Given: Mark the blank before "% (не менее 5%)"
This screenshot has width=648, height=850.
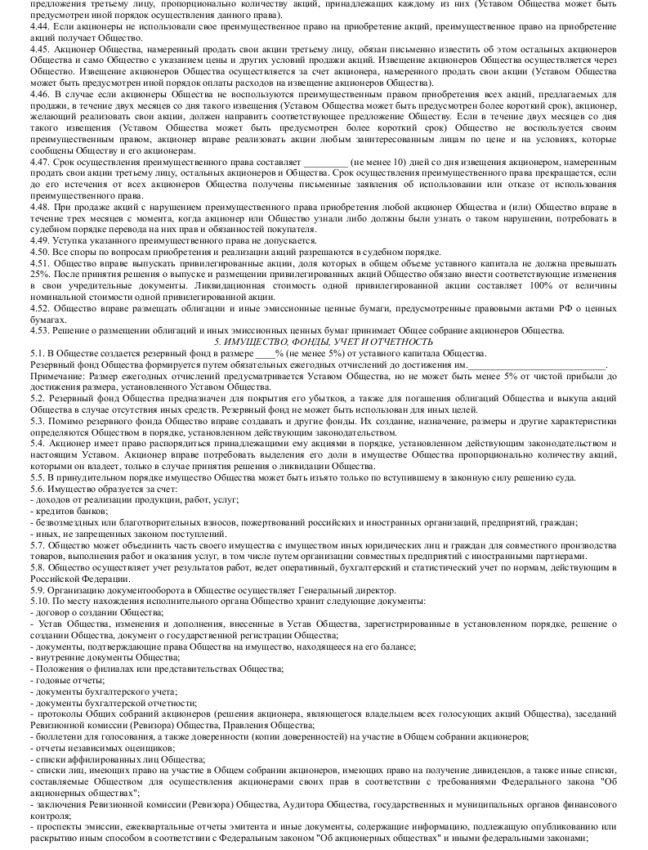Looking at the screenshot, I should pos(266,353).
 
